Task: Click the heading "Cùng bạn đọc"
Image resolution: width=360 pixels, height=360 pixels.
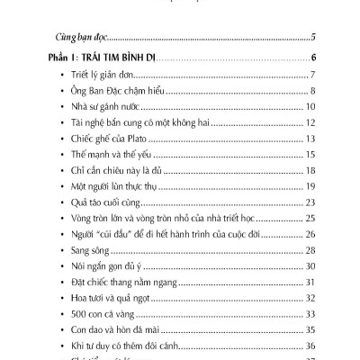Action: click(76, 38)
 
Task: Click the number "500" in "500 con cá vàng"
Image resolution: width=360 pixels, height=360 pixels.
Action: click(80, 315)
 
